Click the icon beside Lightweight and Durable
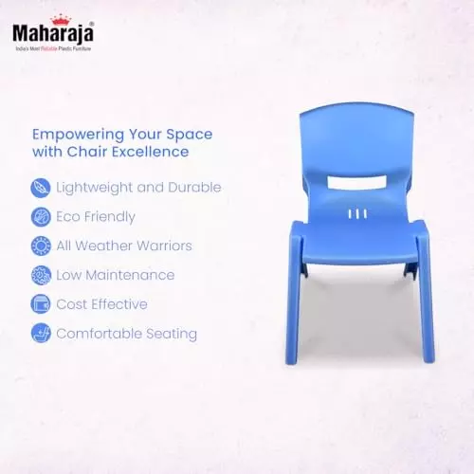click(41, 188)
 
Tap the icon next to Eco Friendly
click(41, 217)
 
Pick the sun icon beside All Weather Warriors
click(41, 246)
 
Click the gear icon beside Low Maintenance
click(41, 276)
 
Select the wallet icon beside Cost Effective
click(41, 305)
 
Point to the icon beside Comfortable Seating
click(41, 334)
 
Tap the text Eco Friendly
click(96, 217)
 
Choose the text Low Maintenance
click(116, 276)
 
